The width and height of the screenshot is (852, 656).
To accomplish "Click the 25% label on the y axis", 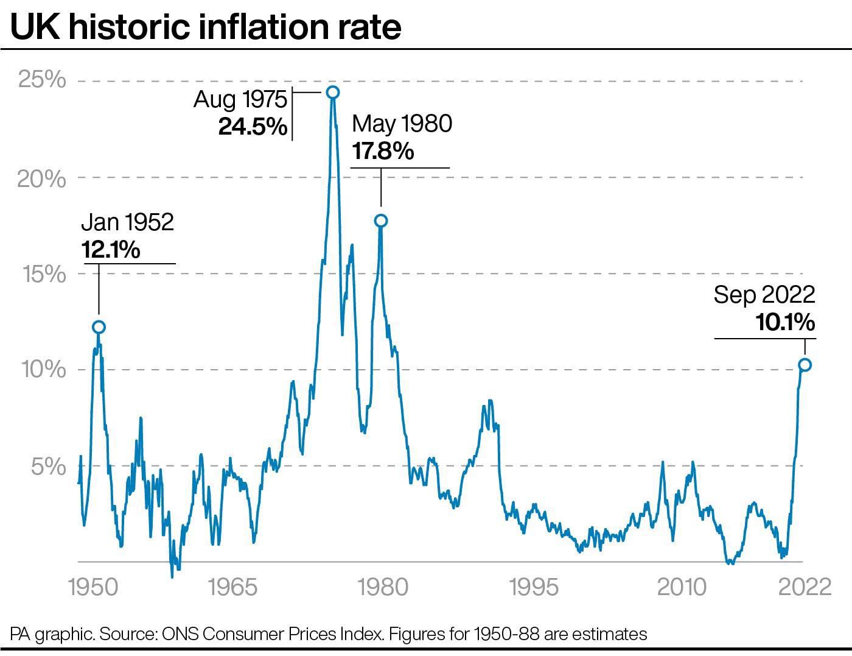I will [41, 80].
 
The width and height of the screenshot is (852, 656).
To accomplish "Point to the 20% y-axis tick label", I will [41, 178].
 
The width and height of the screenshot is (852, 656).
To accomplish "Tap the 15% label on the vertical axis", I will [43, 274].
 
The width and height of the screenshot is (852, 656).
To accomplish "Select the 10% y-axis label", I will [43, 370].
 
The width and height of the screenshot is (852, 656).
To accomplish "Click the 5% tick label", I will [49, 467].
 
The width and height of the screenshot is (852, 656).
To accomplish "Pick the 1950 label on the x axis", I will [93, 587].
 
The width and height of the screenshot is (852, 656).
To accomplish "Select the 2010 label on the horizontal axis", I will [682, 587].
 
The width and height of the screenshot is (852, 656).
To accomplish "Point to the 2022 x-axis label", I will [805, 587].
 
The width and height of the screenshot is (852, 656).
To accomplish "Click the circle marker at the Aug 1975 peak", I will [332, 92].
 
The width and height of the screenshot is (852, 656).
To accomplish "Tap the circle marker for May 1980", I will [381, 220].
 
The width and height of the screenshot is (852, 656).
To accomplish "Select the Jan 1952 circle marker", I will [99, 327].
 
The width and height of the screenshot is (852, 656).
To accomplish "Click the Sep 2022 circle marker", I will [805, 365].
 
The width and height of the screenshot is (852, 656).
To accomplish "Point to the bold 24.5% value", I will [253, 127].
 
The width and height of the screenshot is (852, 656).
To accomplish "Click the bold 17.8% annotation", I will [383, 150].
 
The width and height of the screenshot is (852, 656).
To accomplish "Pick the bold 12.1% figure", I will [110, 249].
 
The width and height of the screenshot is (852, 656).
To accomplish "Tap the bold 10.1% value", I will [785, 322].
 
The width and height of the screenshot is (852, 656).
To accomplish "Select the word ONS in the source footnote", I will [181, 635].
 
